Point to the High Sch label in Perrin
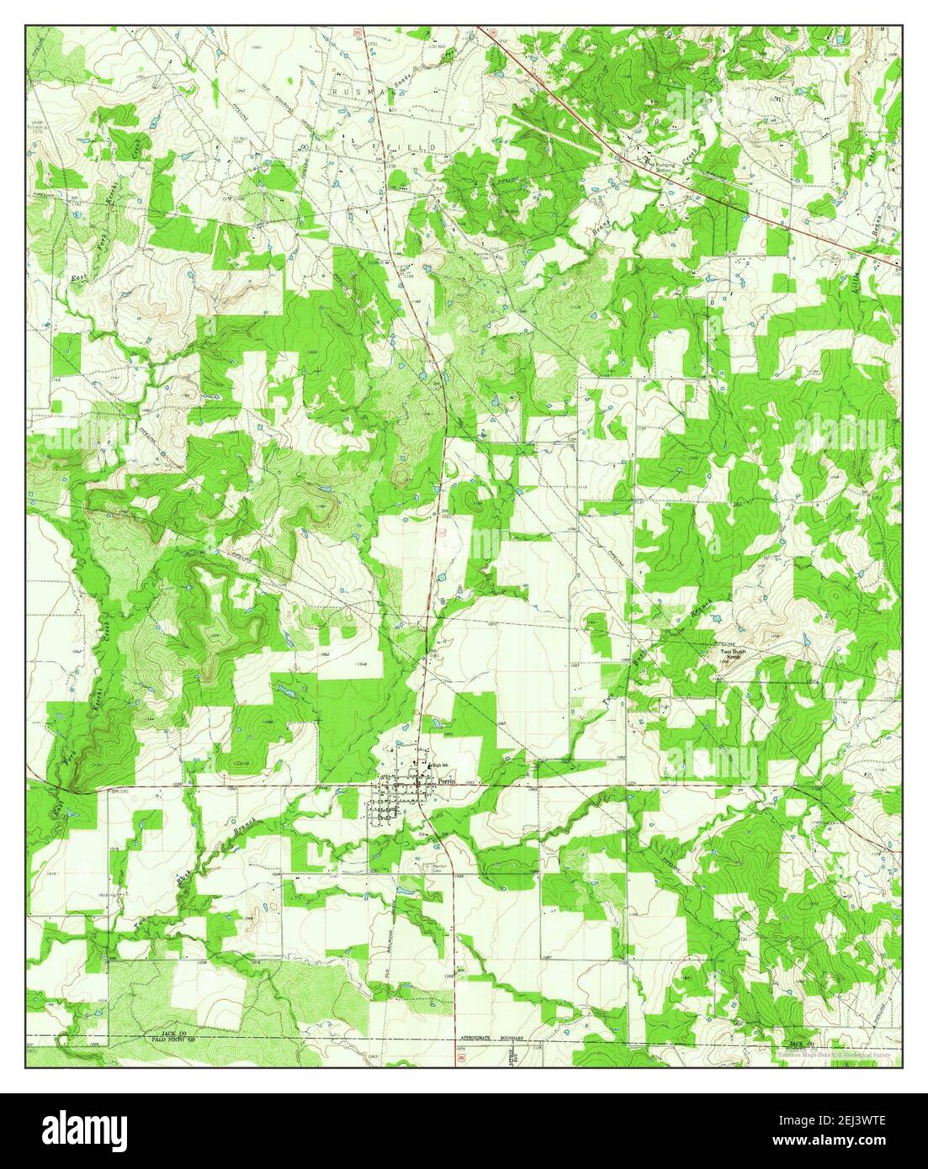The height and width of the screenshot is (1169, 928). pos(439,765)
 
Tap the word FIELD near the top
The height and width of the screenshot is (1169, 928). pos(417,146)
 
